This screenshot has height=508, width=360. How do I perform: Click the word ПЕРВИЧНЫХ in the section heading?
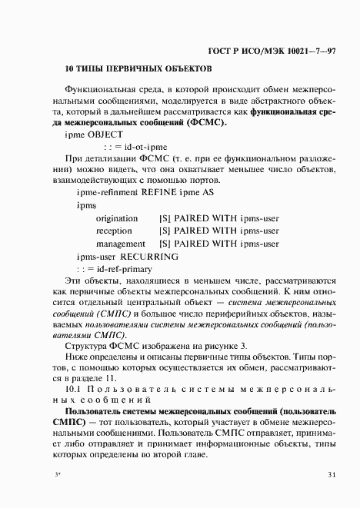click(x=131, y=69)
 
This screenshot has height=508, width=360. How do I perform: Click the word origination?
click(x=117, y=218)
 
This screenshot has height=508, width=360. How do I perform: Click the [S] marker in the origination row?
click(x=165, y=218)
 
